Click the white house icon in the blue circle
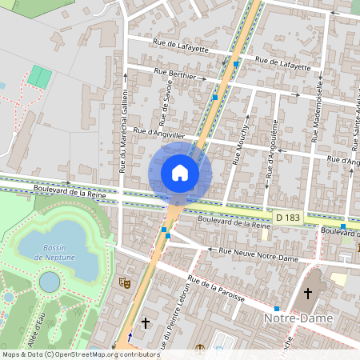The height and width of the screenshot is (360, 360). click(x=180, y=172)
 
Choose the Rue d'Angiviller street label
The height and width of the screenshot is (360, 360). click(x=161, y=134)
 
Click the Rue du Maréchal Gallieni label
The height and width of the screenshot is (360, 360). click(x=123, y=132)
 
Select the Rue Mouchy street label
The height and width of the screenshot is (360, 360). click(x=239, y=144)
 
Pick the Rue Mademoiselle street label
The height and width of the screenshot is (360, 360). click(x=318, y=112)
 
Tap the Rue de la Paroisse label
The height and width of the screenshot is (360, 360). click(x=215, y=289)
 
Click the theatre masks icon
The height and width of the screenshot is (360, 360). click(x=124, y=282)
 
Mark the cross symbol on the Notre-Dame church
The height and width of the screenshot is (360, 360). click(x=307, y=294)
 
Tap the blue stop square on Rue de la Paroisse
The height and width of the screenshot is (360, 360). click(x=277, y=308)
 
